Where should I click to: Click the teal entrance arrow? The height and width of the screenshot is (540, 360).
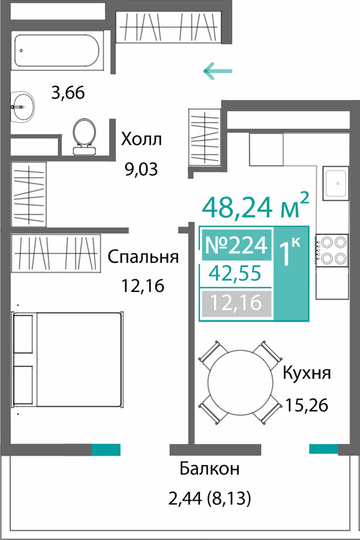pyautogui.click(x=217, y=72)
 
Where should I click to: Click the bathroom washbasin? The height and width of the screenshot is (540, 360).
pyautogui.click(x=22, y=107)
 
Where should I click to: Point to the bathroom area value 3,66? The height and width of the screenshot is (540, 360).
pyautogui.click(x=68, y=93)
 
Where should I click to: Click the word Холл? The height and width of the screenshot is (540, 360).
pyautogui.click(x=141, y=140)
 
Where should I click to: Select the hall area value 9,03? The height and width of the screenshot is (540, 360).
pyautogui.click(x=141, y=169)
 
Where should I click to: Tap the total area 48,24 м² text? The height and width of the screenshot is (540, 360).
pyautogui.click(x=256, y=206)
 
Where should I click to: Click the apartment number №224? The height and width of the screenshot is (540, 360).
pyautogui.click(x=236, y=245)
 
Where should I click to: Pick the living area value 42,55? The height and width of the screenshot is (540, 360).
pyautogui.click(x=236, y=274)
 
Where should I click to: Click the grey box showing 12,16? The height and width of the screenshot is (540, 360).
pyautogui.click(x=236, y=303)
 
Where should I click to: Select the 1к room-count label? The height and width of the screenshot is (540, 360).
pyautogui.click(x=290, y=254)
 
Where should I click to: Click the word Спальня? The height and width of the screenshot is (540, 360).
pyautogui.click(x=143, y=257)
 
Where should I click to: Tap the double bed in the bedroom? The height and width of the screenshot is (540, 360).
pyautogui.click(x=68, y=359)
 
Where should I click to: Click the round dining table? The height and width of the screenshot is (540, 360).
pyautogui.click(x=240, y=382)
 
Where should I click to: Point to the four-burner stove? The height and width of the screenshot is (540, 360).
pyautogui.click(x=332, y=250)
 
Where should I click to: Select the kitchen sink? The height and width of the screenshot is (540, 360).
pyautogui.click(x=336, y=183)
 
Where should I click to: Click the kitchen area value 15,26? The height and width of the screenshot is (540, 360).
pyautogui.click(x=307, y=405)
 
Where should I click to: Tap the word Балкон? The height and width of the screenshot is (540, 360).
pyautogui.click(x=210, y=468)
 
